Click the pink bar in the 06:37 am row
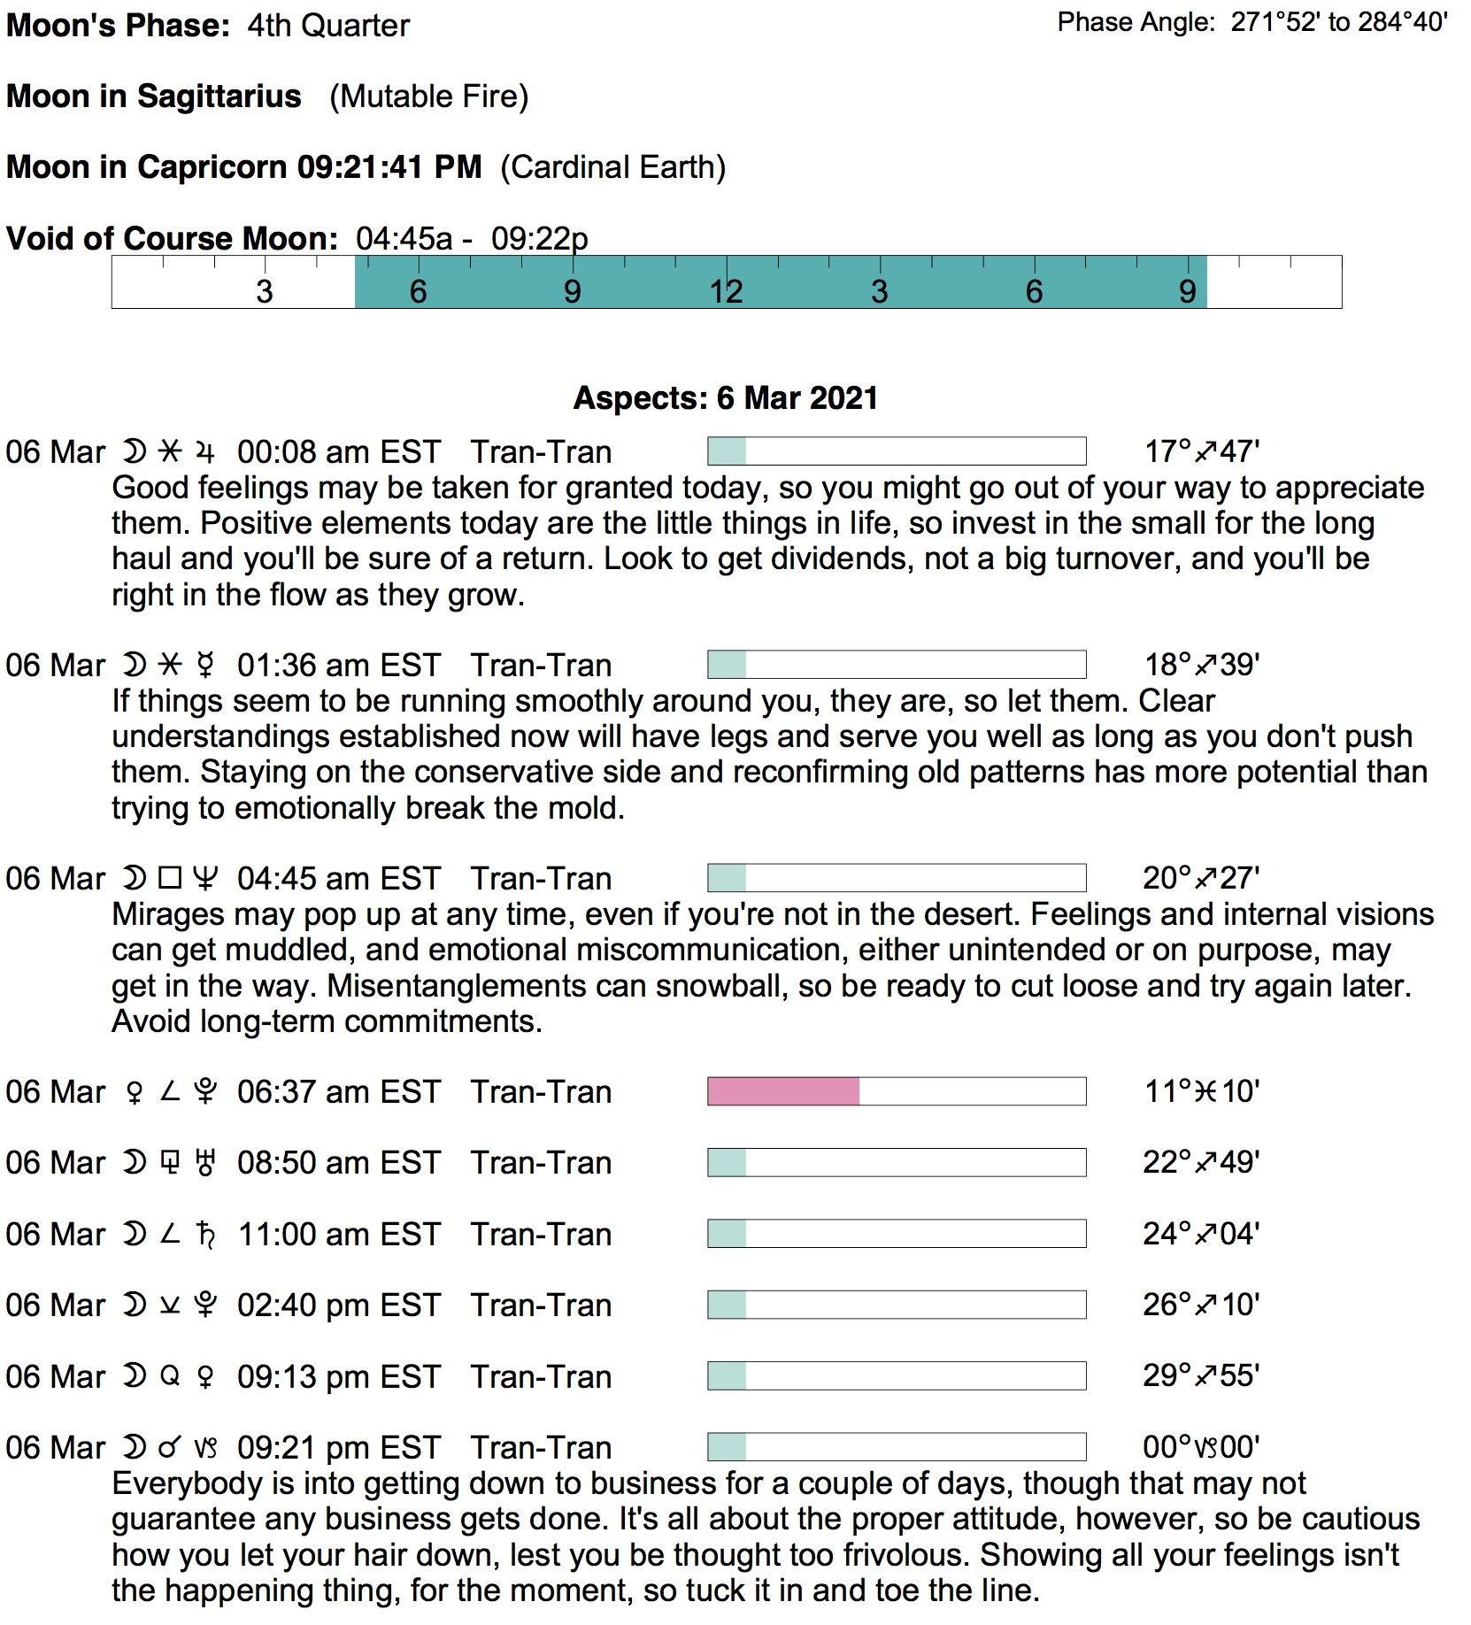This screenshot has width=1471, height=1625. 783,1091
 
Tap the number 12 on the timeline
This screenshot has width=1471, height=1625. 726,291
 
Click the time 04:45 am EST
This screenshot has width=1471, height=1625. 338,878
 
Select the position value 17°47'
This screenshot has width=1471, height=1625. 1201,451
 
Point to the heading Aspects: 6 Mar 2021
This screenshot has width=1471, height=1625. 726,398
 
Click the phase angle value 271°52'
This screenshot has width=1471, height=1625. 1275,22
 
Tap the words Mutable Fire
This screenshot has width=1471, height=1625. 429,96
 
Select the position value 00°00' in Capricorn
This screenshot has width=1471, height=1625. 1201,1447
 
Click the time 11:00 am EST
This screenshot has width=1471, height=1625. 338,1234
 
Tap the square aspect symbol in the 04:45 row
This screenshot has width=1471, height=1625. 170,878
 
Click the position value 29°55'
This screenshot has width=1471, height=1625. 1201,1375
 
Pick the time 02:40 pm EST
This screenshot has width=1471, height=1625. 338,1305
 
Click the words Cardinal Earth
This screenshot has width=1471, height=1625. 613,167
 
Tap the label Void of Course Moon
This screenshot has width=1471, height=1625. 172,238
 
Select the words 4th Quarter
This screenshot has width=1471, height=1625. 328,26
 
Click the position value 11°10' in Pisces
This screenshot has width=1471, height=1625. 1201,1091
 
